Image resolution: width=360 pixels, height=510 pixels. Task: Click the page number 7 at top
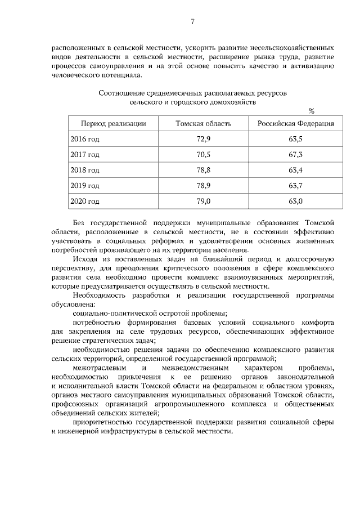192,22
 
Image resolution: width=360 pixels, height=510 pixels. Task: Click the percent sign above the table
311,111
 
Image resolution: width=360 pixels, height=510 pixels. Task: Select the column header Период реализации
114,123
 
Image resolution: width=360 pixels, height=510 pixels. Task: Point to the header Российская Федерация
295,123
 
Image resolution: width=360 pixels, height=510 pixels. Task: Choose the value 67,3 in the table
295,154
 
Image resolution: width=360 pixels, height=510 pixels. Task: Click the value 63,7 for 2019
295,185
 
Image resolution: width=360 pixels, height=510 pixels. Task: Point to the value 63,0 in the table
295,201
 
